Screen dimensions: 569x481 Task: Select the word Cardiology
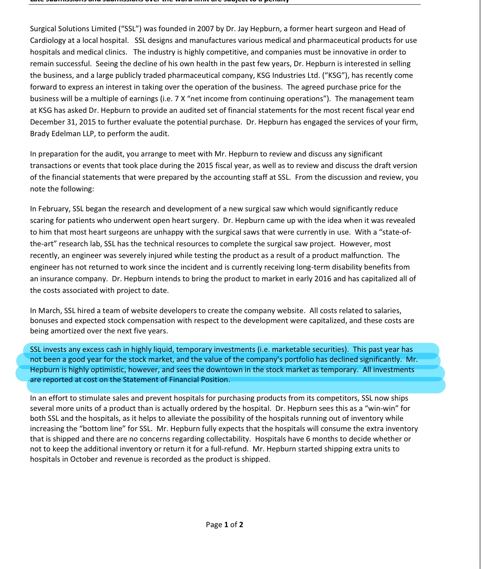pos(47,40)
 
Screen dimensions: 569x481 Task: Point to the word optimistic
pos(107,370)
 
